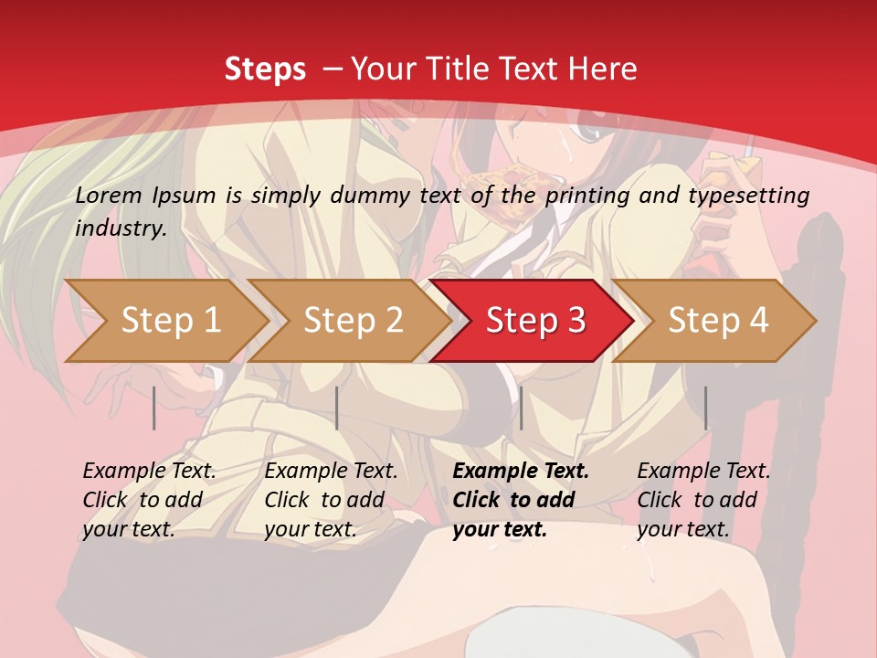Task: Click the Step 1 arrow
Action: [x=170, y=321]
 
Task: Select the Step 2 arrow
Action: [x=353, y=321]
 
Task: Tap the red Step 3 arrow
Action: [x=535, y=321]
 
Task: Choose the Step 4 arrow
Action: [x=718, y=321]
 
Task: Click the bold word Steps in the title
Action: [x=265, y=69]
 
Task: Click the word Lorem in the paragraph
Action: [x=109, y=195]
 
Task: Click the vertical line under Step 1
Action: [x=154, y=408]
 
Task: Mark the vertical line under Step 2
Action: [x=337, y=408]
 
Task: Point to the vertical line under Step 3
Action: [x=521, y=408]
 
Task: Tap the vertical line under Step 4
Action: [x=706, y=408]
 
